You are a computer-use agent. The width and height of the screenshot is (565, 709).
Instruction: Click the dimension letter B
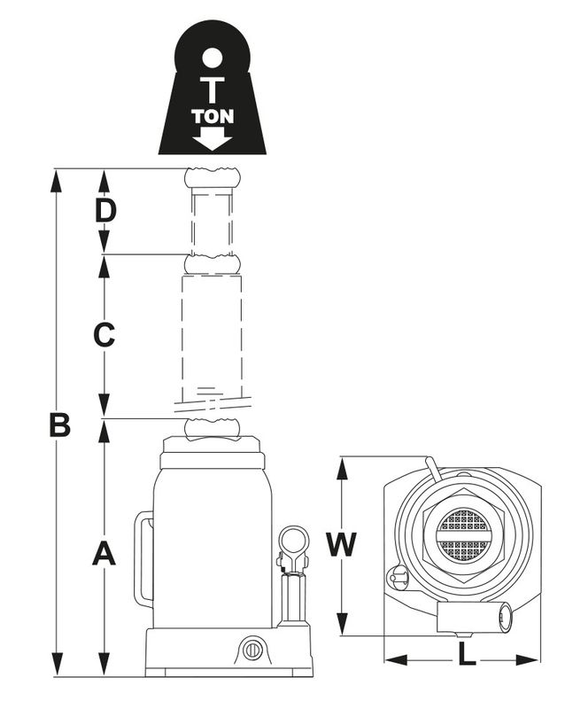(x=59, y=425)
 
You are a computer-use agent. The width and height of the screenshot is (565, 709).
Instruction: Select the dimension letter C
(x=104, y=335)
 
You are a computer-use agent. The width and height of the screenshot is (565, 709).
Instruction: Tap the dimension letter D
(x=105, y=210)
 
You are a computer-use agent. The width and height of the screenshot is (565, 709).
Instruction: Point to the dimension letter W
(x=342, y=544)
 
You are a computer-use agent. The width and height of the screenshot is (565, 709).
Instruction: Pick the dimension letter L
(x=467, y=654)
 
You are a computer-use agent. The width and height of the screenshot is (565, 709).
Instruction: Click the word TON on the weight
(x=213, y=117)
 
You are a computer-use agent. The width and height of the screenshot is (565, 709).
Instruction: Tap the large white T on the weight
(x=213, y=90)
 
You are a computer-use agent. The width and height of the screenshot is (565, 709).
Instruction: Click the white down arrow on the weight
(x=213, y=138)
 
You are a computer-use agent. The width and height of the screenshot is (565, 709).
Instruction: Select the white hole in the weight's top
(x=213, y=58)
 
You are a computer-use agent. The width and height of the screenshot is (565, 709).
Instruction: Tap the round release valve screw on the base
(x=252, y=651)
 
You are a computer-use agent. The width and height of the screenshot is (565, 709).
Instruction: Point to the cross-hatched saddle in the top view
(x=464, y=534)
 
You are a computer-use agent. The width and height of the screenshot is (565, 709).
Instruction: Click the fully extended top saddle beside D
(x=213, y=178)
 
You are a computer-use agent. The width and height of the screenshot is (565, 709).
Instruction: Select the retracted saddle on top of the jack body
(x=212, y=430)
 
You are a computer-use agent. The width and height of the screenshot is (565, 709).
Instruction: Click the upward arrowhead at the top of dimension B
(x=57, y=181)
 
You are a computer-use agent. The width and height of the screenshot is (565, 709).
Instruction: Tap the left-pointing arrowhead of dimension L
(x=397, y=659)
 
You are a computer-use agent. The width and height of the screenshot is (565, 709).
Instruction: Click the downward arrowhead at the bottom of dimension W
(x=343, y=624)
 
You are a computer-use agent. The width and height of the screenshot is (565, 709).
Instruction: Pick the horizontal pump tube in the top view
(x=474, y=616)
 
